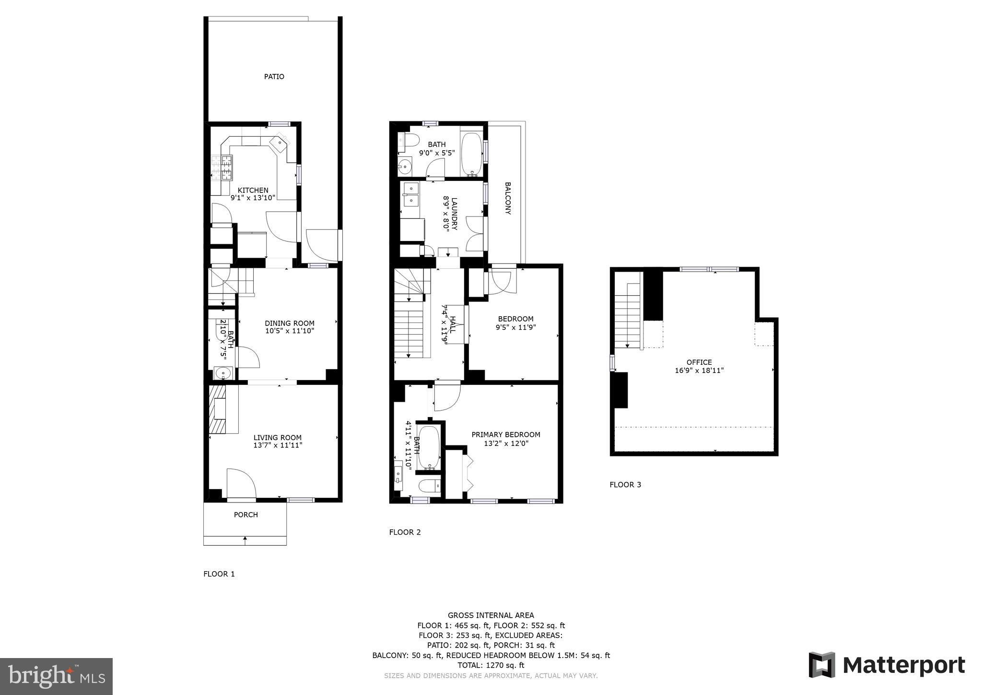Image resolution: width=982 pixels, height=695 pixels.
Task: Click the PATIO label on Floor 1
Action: [x=274, y=77]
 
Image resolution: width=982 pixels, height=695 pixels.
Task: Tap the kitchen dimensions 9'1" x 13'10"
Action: [x=253, y=198]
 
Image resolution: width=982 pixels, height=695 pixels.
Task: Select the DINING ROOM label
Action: [x=290, y=323]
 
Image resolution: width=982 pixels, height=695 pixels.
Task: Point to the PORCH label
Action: [x=246, y=515]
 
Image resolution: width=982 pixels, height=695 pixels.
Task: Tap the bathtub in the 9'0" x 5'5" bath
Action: [x=471, y=155]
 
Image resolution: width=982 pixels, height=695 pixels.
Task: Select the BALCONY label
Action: [x=508, y=198]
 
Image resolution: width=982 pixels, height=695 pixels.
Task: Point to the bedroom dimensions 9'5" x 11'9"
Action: [x=515, y=327]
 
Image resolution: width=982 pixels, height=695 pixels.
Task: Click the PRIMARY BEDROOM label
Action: [x=506, y=435]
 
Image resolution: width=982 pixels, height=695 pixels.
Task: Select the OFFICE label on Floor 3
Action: [x=699, y=362]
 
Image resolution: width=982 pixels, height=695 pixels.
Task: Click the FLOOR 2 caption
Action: [x=405, y=532]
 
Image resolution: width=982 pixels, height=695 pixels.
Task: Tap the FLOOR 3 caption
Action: [x=625, y=485]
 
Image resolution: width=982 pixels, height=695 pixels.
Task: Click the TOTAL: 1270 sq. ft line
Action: [x=491, y=665]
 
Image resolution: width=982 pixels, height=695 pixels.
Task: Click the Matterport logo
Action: [x=887, y=665]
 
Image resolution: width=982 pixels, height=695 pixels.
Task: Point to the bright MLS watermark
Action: [x=56, y=677]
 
